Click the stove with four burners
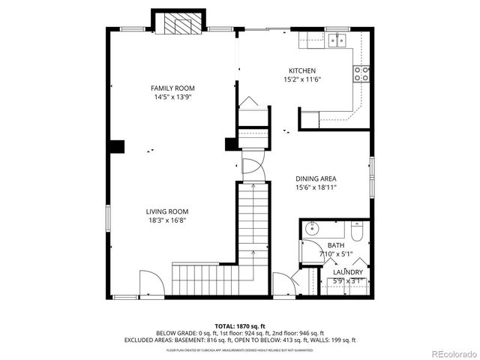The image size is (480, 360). coord(361,73)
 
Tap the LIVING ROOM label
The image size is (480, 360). coord(166,211)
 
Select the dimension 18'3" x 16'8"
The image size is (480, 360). coord(166,220)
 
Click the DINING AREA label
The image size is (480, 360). coord(315,178)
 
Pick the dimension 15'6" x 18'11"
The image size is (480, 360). coord(315,187)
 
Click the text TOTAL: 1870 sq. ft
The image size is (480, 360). coord(240,326)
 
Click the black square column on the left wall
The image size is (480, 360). coord(116,147)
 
